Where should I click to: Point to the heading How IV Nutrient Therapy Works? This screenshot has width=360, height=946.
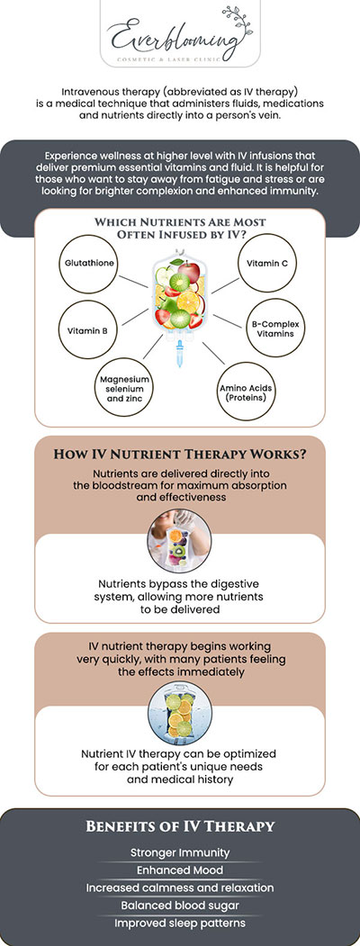(x=180, y=455)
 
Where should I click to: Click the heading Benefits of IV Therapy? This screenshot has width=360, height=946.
(x=180, y=826)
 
